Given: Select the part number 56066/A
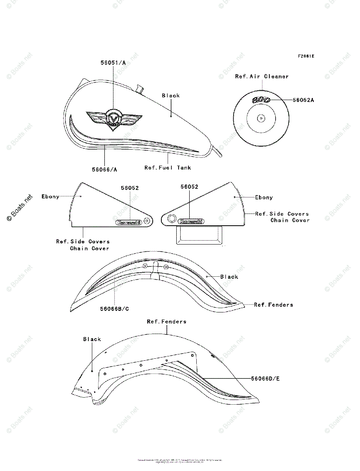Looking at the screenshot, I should pos(104,170).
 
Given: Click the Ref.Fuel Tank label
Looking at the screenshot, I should pos(168,168).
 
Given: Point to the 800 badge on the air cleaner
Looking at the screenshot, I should pos(261,100).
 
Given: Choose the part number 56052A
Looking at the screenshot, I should pos(303,100).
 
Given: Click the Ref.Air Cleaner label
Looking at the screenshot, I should pos(262,77).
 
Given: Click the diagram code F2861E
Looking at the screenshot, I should pos(306,56).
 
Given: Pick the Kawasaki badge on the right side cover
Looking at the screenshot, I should pos(191,221).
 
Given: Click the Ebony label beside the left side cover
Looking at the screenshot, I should pos(50,197).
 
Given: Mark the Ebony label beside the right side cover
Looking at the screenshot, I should pos(264,197).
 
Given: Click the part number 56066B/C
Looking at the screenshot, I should pos(114,309).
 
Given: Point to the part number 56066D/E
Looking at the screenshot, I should pos(265,379).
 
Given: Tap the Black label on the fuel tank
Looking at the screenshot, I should pos(171,96).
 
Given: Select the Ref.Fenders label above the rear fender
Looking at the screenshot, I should pos(166,321).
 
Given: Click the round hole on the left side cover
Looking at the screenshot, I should pos(146,221).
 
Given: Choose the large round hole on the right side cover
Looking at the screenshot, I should pos(171,219).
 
